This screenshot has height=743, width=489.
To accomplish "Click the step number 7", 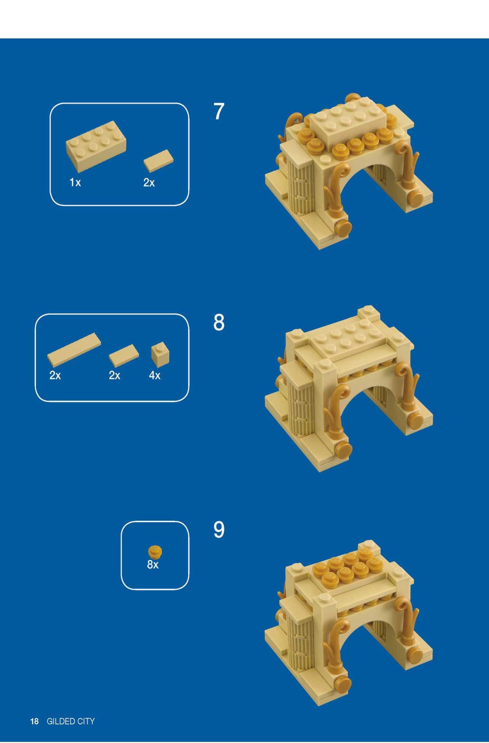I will pyautogui.click(x=219, y=112).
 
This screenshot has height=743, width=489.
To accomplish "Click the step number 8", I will pyautogui.click(x=219, y=322).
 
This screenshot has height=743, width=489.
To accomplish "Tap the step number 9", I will pyautogui.click(x=219, y=530).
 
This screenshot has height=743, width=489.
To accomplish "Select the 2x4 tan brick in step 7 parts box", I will pyautogui.click(x=96, y=146).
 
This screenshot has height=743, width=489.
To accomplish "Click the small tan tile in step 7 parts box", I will pyautogui.click(x=158, y=161).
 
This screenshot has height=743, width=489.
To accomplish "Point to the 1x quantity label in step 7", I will pyautogui.click(x=75, y=182).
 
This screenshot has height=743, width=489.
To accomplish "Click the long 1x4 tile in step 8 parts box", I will pyautogui.click(x=74, y=349).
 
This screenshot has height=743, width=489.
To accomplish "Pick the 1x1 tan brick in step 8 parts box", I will pyautogui.click(x=160, y=354).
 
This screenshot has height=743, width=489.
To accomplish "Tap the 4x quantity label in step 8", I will pyautogui.click(x=155, y=375).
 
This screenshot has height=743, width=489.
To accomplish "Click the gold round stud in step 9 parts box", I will pyautogui.click(x=155, y=552).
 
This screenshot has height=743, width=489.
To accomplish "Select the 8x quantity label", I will pyautogui.click(x=153, y=565).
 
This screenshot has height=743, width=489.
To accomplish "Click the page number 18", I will pyautogui.click(x=34, y=721).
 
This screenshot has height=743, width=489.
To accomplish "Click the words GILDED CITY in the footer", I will pyautogui.click(x=71, y=721).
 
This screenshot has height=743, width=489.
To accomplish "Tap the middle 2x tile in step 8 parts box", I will pyautogui.click(x=124, y=355).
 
